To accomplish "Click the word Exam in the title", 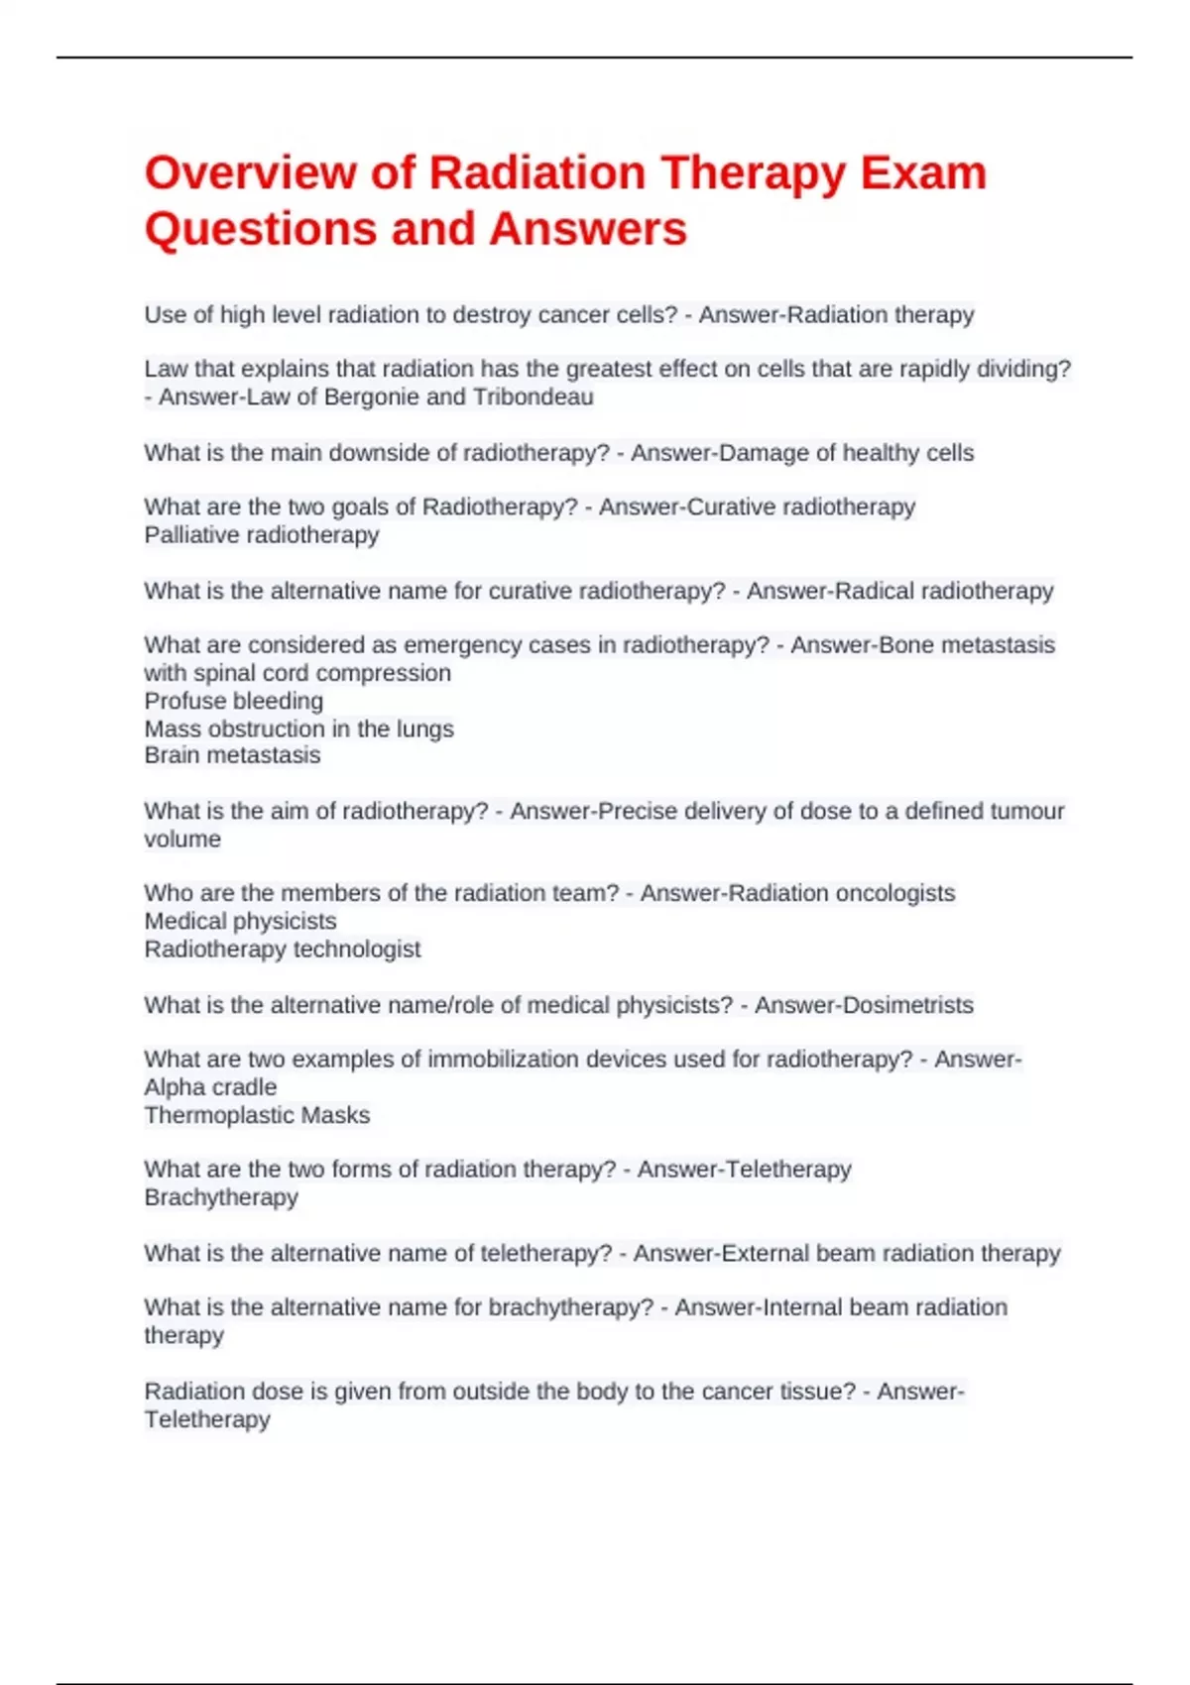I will (x=923, y=173).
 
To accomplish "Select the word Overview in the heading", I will (x=250, y=173).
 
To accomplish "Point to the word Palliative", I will (x=190, y=535).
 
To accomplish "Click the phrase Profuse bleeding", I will (x=234, y=701).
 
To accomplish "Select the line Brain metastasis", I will (x=232, y=755).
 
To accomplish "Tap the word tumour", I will (x=1020, y=811).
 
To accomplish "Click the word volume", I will (x=182, y=840).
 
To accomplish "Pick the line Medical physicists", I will (x=240, y=921).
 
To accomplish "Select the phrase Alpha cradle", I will (x=210, y=1087).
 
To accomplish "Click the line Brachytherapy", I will (x=221, y=1197).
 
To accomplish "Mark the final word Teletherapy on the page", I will (x=207, y=1419).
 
